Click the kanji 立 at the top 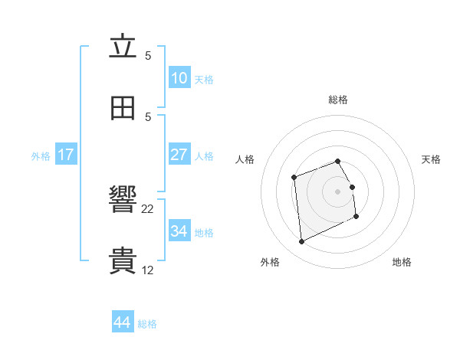[x=123, y=47]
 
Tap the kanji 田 [x=123, y=108]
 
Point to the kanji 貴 [x=123, y=261]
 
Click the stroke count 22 [x=148, y=208]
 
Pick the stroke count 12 [x=148, y=270]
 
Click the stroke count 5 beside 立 [x=148, y=55]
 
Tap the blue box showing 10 [x=179, y=77]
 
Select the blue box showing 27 [x=179, y=155]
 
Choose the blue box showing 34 [x=179, y=231]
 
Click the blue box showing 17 [x=66, y=155]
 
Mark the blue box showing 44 [x=123, y=322]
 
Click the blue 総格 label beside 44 [x=147, y=324]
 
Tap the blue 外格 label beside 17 [x=41, y=156]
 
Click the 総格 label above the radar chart [x=338, y=100]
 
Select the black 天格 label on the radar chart [x=432, y=159]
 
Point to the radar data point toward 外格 [x=302, y=242]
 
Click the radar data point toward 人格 [x=294, y=178]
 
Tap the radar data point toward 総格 [x=338, y=162]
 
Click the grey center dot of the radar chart [x=338, y=191]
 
